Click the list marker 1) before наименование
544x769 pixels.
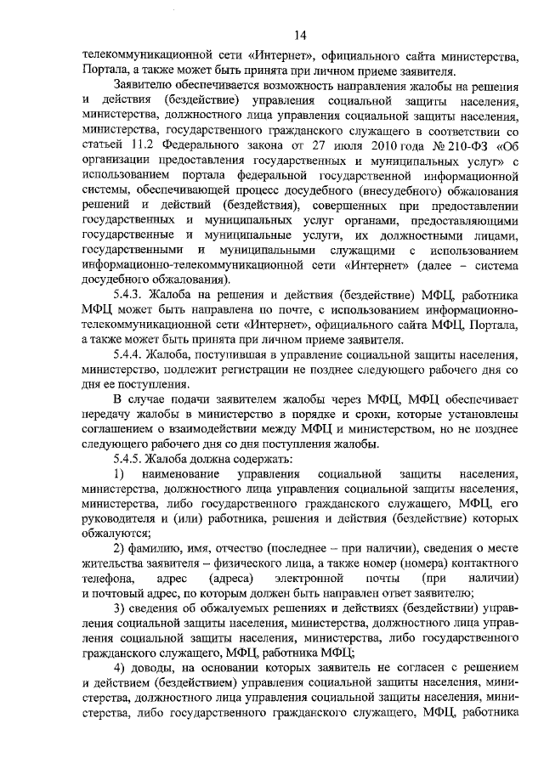[120, 473]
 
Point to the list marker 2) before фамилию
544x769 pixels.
[120, 549]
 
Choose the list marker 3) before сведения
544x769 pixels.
[120, 608]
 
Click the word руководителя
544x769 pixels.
[120, 518]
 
